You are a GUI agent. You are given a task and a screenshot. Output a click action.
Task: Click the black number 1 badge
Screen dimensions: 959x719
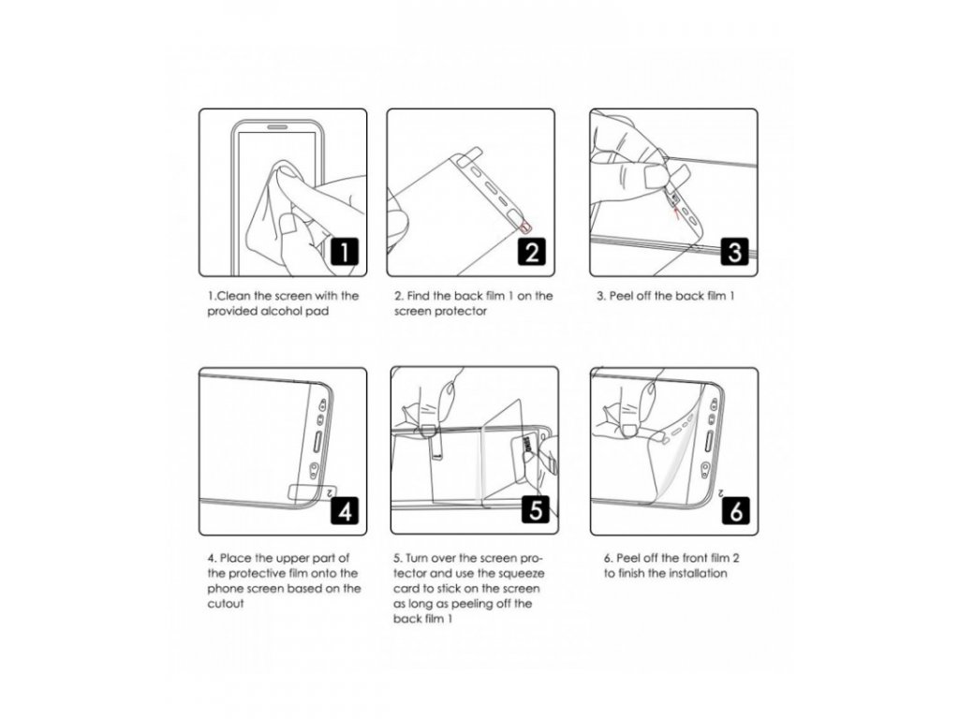pyautogui.click(x=345, y=251)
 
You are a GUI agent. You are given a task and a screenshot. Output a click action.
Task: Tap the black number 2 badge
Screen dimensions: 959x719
pyautogui.click(x=532, y=251)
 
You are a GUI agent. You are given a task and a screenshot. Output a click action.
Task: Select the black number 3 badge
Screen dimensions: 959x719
pyautogui.click(x=734, y=251)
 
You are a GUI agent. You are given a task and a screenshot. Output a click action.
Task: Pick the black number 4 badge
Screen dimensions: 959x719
pyautogui.click(x=345, y=510)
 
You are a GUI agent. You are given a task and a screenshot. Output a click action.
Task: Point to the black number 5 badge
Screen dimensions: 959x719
pyautogui.click(x=536, y=508)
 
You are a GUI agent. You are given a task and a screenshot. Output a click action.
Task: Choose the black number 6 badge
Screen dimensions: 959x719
pyautogui.click(x=736, y=510)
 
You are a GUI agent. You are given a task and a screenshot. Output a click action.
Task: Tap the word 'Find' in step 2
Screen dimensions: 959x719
pyautogui.click(x=419, y=296)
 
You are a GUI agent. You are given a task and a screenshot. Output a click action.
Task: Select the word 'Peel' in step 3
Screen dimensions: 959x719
pyautogui.click(x=622, y=296)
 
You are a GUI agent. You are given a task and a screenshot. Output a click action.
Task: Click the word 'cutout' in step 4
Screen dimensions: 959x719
pyautogui.click(x=226, y=604)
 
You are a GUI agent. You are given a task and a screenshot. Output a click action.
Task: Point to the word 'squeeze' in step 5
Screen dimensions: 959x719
pyautogui.click(x=520, y=574)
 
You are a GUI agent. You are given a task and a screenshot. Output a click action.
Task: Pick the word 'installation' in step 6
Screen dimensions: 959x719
pyautogui.click(x=698, y=574)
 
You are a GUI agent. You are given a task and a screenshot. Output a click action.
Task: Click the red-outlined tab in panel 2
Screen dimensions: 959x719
pyautogui.click(x=526, y=227)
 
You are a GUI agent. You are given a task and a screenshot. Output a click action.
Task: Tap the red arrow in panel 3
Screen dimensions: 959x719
pyautogui.click(x=676, y=212)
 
